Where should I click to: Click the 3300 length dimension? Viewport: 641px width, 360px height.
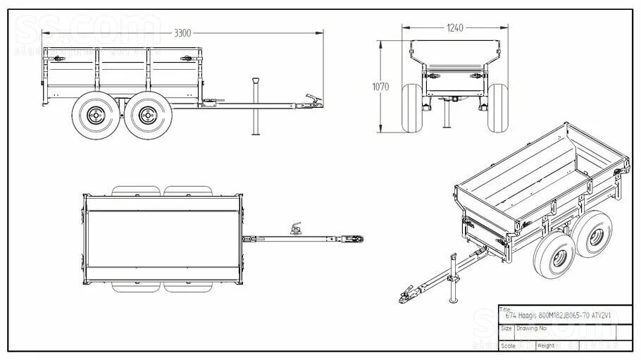pos(182,32)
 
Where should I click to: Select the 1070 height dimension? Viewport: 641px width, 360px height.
pos(381,87)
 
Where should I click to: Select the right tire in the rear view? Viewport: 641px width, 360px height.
pos(499,108)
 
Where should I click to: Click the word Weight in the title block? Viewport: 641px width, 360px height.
pos(546,345)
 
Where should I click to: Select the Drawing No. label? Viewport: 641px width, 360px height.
pos(533,328)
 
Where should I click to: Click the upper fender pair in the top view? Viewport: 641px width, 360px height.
pos(164,191)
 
